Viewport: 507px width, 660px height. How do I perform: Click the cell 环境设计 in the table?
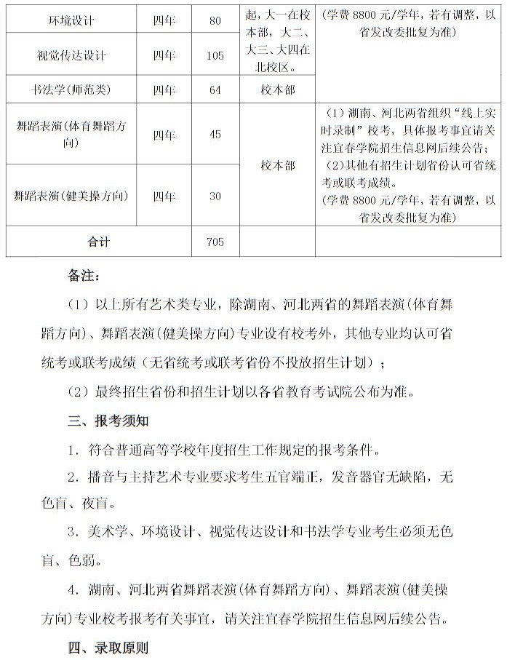(x=71, y=20)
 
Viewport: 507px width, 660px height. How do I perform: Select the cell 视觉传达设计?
(x=71, y=55)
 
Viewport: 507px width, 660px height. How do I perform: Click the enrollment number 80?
(x=215, y=20)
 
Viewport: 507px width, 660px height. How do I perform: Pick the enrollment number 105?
(x=215, y=56)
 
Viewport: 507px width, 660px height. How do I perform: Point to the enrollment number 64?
(x=215, y=90)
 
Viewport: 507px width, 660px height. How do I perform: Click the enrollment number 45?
(x=215, y=135)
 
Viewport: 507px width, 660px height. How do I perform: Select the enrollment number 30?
(x=215, y=196)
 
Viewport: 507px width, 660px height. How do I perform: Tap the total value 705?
(x=215, y=242)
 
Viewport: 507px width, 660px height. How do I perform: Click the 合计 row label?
(x=98, y=242)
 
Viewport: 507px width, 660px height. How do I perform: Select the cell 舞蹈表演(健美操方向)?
(x=71, y=196)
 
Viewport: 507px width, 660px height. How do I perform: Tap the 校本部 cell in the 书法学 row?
(x=277, y=90)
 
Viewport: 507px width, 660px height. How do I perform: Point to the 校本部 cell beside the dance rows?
(x=277, y=165)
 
